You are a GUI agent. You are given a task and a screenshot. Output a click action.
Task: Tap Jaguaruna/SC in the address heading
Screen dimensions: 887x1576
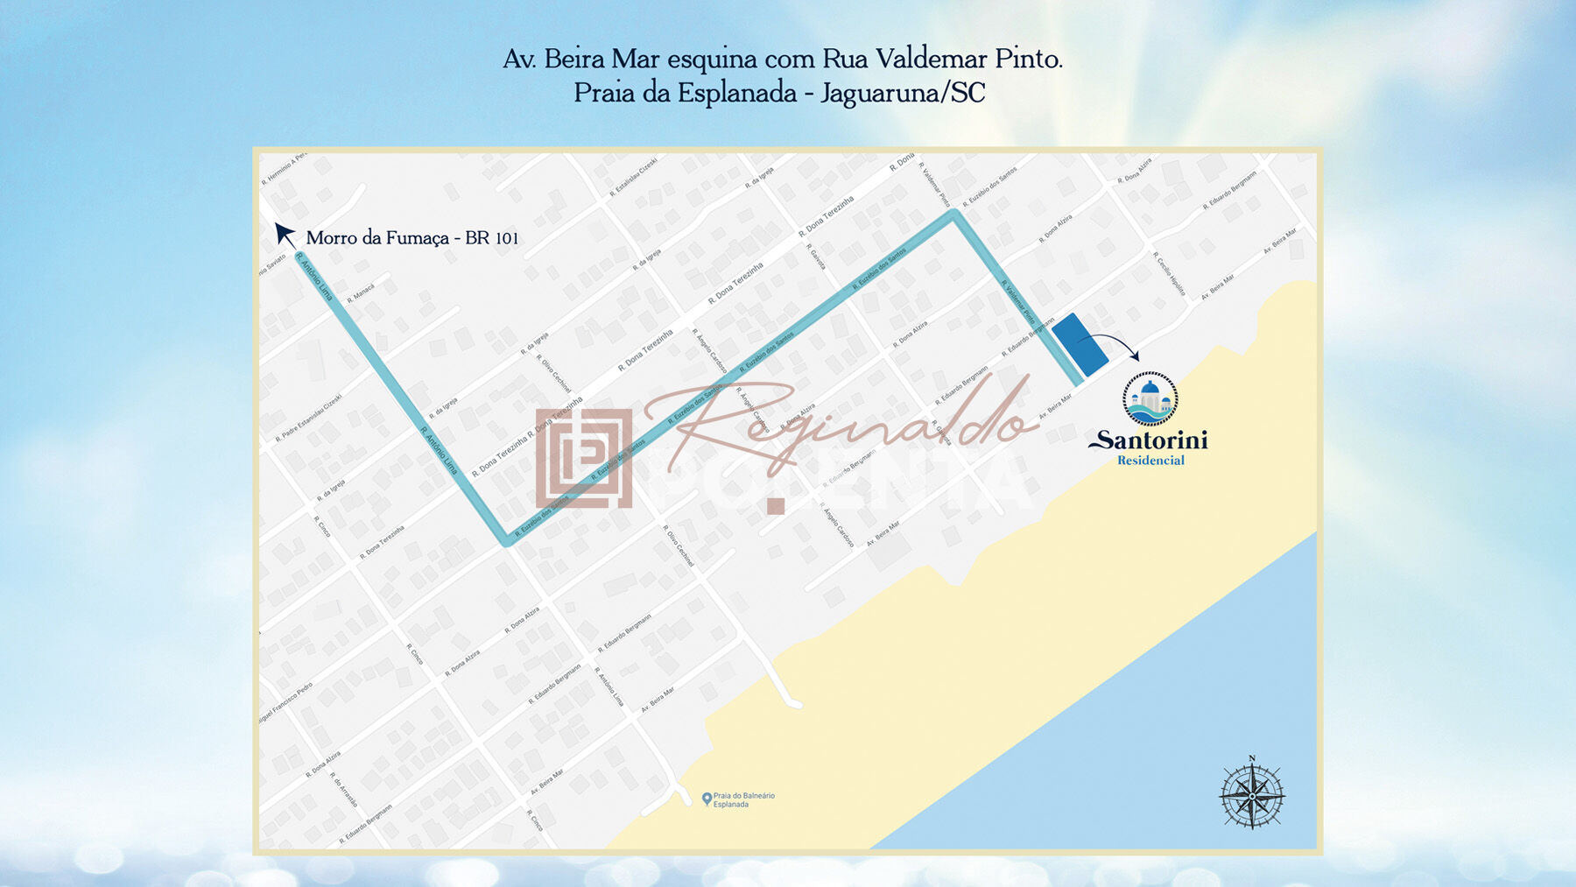click(903, 93)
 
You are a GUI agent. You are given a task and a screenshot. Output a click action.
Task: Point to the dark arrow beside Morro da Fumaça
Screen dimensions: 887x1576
click(285, 234)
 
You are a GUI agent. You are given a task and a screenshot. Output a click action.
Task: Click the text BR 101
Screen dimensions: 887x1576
click(492, 238)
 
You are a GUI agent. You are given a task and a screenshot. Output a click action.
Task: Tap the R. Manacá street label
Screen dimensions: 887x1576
click(361, 293)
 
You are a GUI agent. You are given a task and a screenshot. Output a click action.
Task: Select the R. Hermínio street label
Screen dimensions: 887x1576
click(284, 169)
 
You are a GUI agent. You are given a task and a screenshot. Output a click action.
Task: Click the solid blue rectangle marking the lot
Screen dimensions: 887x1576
click(1079, 345)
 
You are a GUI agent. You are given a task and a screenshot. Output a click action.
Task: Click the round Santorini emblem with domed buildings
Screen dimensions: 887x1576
click(1150, 399)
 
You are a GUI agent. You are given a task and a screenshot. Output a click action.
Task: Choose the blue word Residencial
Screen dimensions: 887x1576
click(1150, 461)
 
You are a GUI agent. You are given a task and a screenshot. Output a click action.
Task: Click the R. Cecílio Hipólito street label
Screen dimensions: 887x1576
click(1170, 274)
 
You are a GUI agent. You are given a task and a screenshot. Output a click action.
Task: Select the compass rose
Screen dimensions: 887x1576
click(1252, 796)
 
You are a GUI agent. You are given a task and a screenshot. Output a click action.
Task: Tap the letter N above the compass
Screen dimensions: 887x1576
click(1252, 758)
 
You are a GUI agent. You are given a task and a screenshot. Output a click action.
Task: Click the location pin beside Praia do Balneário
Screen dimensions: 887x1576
click(707, 799)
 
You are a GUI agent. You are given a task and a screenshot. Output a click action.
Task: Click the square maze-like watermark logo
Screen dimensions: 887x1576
click(584, 458)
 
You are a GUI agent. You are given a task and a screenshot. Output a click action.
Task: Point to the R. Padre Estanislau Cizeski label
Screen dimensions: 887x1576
click(308, 417)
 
